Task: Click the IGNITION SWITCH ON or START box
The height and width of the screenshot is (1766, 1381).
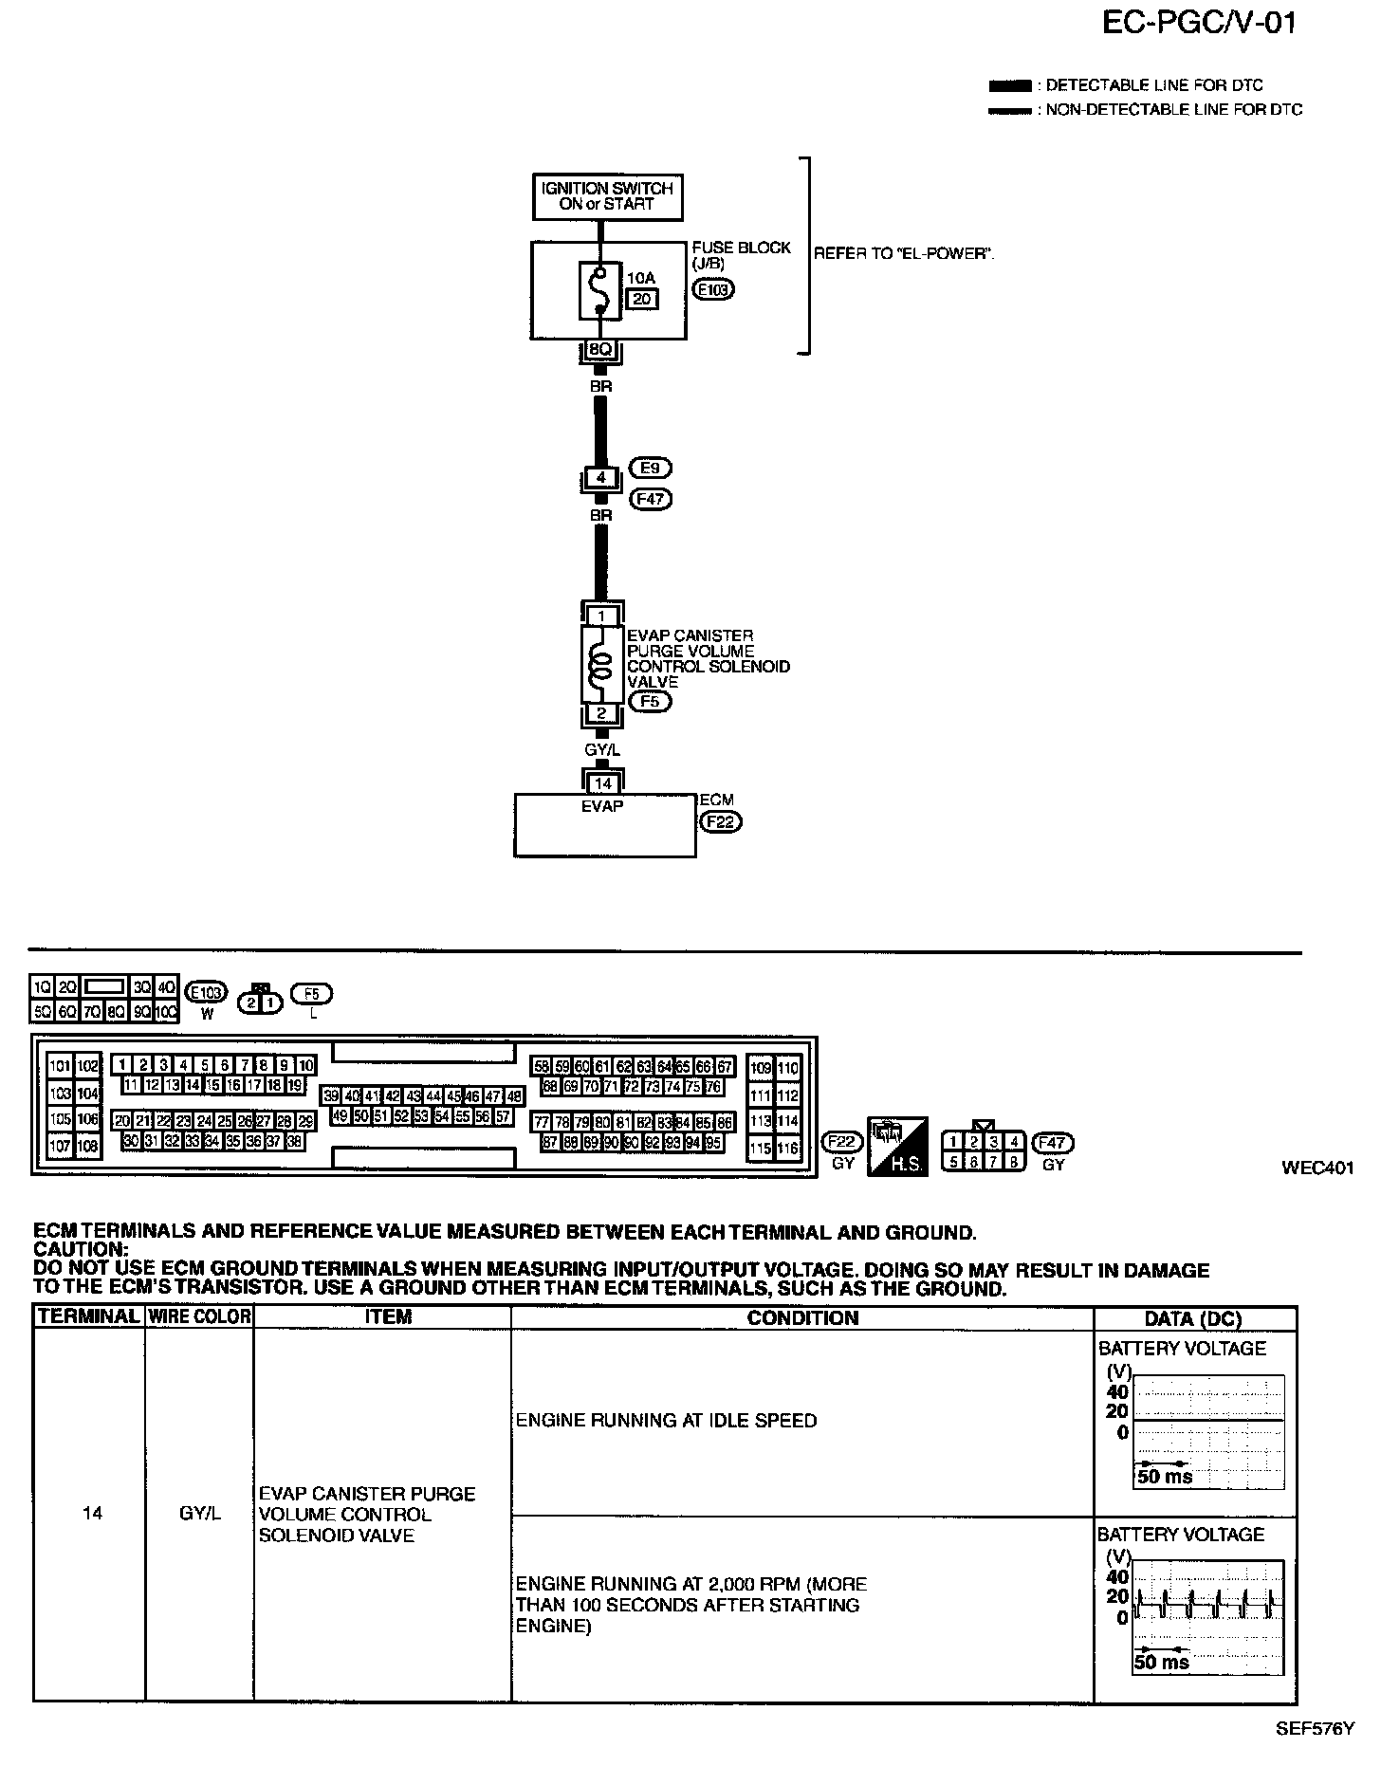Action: [x=607, y=196]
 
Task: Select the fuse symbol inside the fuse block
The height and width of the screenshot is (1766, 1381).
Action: [x=598, y=291]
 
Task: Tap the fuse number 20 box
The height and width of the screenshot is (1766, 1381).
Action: [x=641, y=300]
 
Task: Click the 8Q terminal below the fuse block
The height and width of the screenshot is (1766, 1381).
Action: [x=600, y=350]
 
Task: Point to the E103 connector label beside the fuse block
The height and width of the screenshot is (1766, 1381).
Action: [x=713, y=289]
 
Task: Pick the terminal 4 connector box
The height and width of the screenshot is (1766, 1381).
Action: [x=600, y=478]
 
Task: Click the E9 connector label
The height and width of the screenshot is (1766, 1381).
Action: [x=652, y=468]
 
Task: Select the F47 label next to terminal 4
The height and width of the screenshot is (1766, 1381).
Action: [x=652, y=498]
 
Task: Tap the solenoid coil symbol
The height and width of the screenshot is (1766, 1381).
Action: [x=600, y=664]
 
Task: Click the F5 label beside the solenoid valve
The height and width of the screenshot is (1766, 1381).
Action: [x=650, y=702]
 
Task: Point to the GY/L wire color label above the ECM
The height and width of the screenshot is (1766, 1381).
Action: [x=602, y=750]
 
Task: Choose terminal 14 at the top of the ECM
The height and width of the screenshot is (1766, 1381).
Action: [x=602, y=783]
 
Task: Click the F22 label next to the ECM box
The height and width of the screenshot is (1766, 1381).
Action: [x=720, y=822]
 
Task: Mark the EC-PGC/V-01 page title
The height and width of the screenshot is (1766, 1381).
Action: [x=1199, y=23]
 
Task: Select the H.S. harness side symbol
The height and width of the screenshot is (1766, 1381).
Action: [x=896, y=1145]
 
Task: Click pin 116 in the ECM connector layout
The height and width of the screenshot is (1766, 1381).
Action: [x=788, y=1148]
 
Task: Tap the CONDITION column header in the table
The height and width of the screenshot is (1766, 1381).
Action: [x=801, y=1317]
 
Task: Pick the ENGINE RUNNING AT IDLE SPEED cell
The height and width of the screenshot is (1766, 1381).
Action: [x=666, y=1420]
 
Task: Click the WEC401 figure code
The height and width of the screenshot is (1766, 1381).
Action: [x=1317, y=1168]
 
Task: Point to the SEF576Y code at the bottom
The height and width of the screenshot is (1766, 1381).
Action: [x=1315, y=1728]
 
